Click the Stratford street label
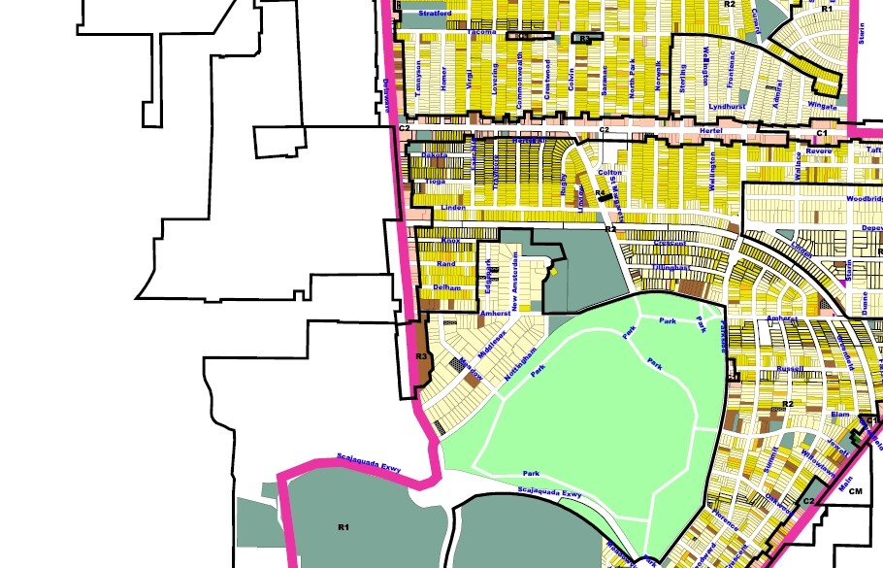(436, 15)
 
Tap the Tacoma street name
(453, 31)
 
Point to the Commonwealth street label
(520, 80)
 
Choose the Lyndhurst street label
(725, 105)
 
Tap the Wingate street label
(822, 103)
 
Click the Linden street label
(453, 208)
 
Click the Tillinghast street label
(670, 266)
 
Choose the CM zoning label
(855, 492)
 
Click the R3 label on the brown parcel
(421, 356)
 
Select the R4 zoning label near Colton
(601, 194)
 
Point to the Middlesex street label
(492, 340)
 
